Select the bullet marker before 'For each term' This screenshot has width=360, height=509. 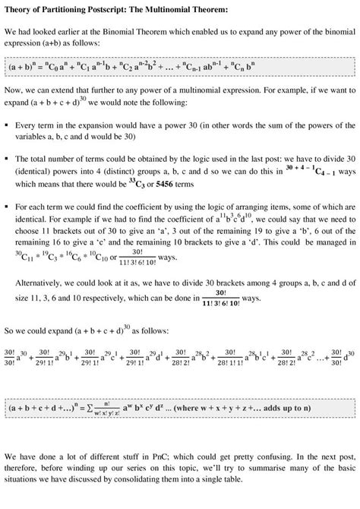7,206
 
